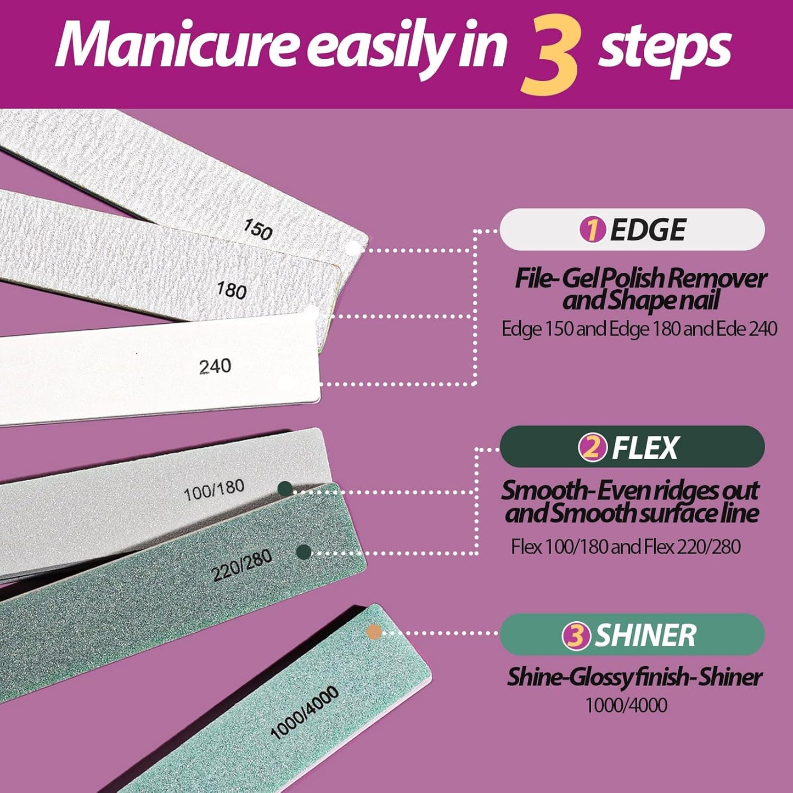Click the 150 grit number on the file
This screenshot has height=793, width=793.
point(258,229)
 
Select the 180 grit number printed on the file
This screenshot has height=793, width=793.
point(231,290)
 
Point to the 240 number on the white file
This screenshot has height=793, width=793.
point(215,366)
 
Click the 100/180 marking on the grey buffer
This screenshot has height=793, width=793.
point(213,490)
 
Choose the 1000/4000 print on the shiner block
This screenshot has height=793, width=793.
point(304,712)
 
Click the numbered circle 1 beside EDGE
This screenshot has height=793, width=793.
point(592,229)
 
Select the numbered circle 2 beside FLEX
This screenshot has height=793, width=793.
point(592,448)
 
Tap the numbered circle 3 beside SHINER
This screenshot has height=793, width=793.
point(576,635)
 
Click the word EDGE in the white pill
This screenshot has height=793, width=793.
point(648,230)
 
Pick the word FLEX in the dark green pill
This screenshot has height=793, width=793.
point(645,448)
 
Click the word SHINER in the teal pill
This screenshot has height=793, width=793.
point(645,635)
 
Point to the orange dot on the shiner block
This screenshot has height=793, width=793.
point(374,632)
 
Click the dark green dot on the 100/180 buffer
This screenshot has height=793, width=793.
point(285,488)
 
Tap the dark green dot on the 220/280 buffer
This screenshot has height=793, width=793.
point(303,552)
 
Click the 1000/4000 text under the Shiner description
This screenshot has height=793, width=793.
point(626,705)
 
